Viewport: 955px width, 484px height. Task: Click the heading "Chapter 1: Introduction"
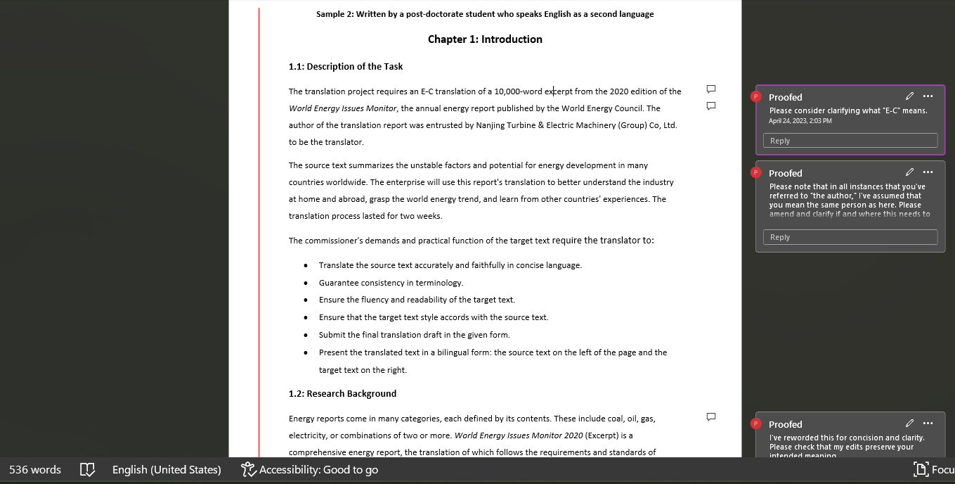pyautogui.click(x=485, y=39)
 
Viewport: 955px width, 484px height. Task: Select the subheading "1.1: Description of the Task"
pyautogui.click(x=346, y=66)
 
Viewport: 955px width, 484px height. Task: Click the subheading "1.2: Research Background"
pyautogui.click(x=342, y=393)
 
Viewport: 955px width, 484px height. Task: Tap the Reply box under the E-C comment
pyautogui.click(x=850, y=141)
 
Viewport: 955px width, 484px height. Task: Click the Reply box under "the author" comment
pyautogui.click(x=850, y=237)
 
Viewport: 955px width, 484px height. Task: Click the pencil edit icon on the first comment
pyautogui.click(x=909, y=96)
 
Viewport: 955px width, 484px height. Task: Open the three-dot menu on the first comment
pyautogui.click(x=928, y=96)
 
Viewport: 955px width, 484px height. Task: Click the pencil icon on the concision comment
pyautogui.click(x=909, y=423)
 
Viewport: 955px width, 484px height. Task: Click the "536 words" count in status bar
pyautogui.click(x=35, y=469)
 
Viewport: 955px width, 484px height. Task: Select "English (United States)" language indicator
pyautogui.click(x=167, y=469)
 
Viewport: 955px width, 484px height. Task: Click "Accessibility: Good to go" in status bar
pyautogui.click(x=309, y=469)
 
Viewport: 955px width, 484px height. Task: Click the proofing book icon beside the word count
pyautogui.click(x=87, y=469)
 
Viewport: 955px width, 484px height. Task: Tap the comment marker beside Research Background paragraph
pyautogui.click(x=710, y=416)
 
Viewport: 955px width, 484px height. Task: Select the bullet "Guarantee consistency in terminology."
pyautogui.click(x=391, y=283)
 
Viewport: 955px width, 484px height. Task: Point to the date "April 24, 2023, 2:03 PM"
pyautogui.click(x=800, y=121)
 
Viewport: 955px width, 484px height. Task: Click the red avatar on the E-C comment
pyautogui.click(x=756, y=96)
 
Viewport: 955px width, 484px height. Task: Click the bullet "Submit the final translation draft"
pyautogui.click(x=414, y=335)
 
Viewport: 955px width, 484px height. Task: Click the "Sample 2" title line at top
pyautogui.click(x=485, y=14)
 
